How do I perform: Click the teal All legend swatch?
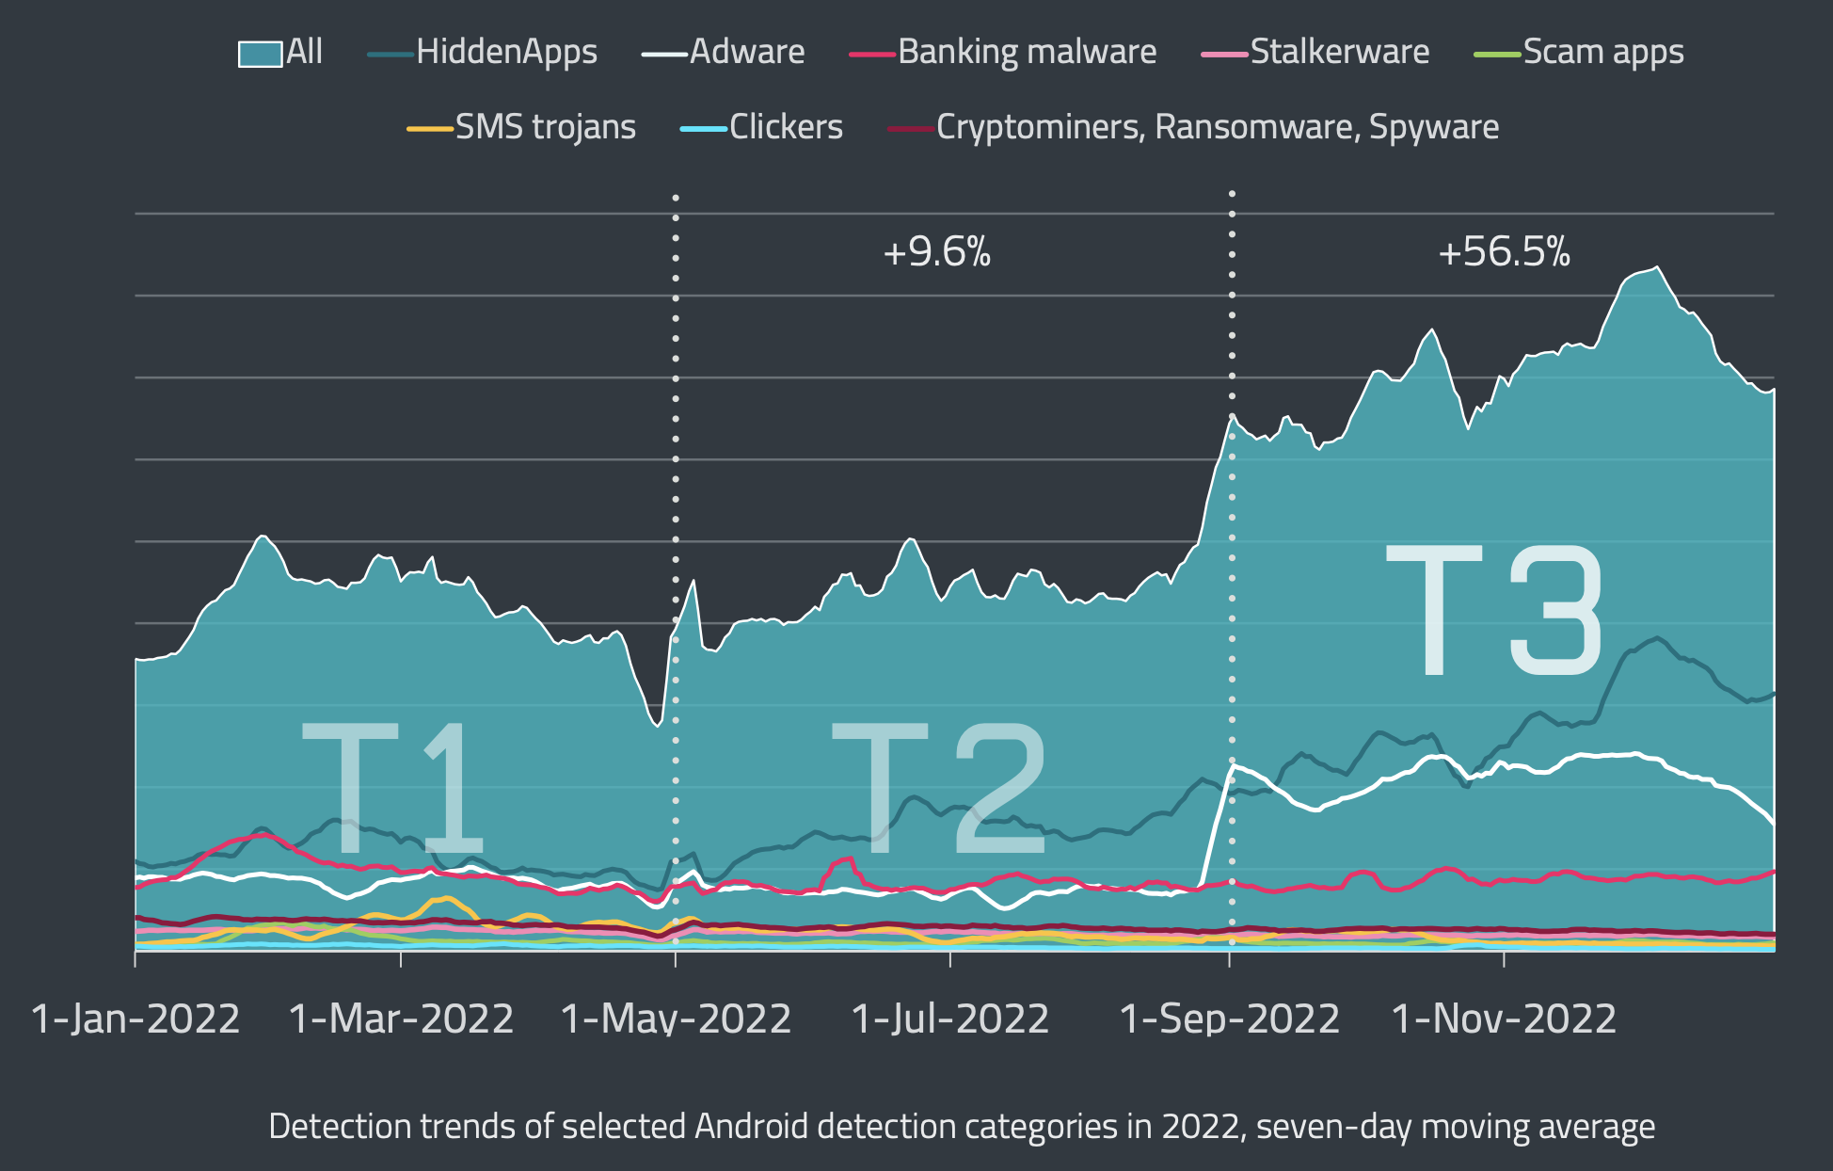260,54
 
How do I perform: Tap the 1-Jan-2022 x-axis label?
135,1019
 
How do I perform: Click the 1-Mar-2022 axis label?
401,1019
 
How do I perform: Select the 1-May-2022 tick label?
676,1019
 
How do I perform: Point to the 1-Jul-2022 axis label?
950,1019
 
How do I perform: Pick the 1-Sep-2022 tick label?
1229,1019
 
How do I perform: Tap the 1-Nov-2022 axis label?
1504,1019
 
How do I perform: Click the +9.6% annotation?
936,252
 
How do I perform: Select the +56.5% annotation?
1504,252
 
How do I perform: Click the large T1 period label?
391,788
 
